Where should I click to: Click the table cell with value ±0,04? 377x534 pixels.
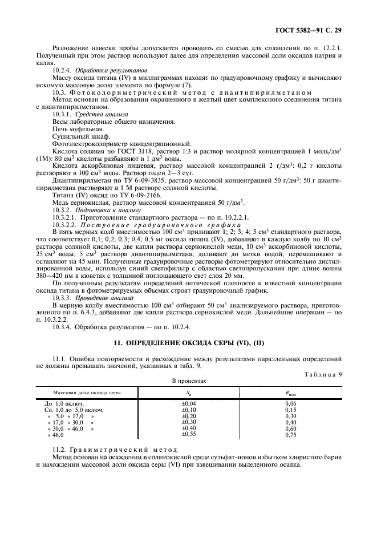188,404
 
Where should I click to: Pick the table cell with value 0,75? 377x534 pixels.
291,435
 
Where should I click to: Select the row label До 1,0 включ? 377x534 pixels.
64,404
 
